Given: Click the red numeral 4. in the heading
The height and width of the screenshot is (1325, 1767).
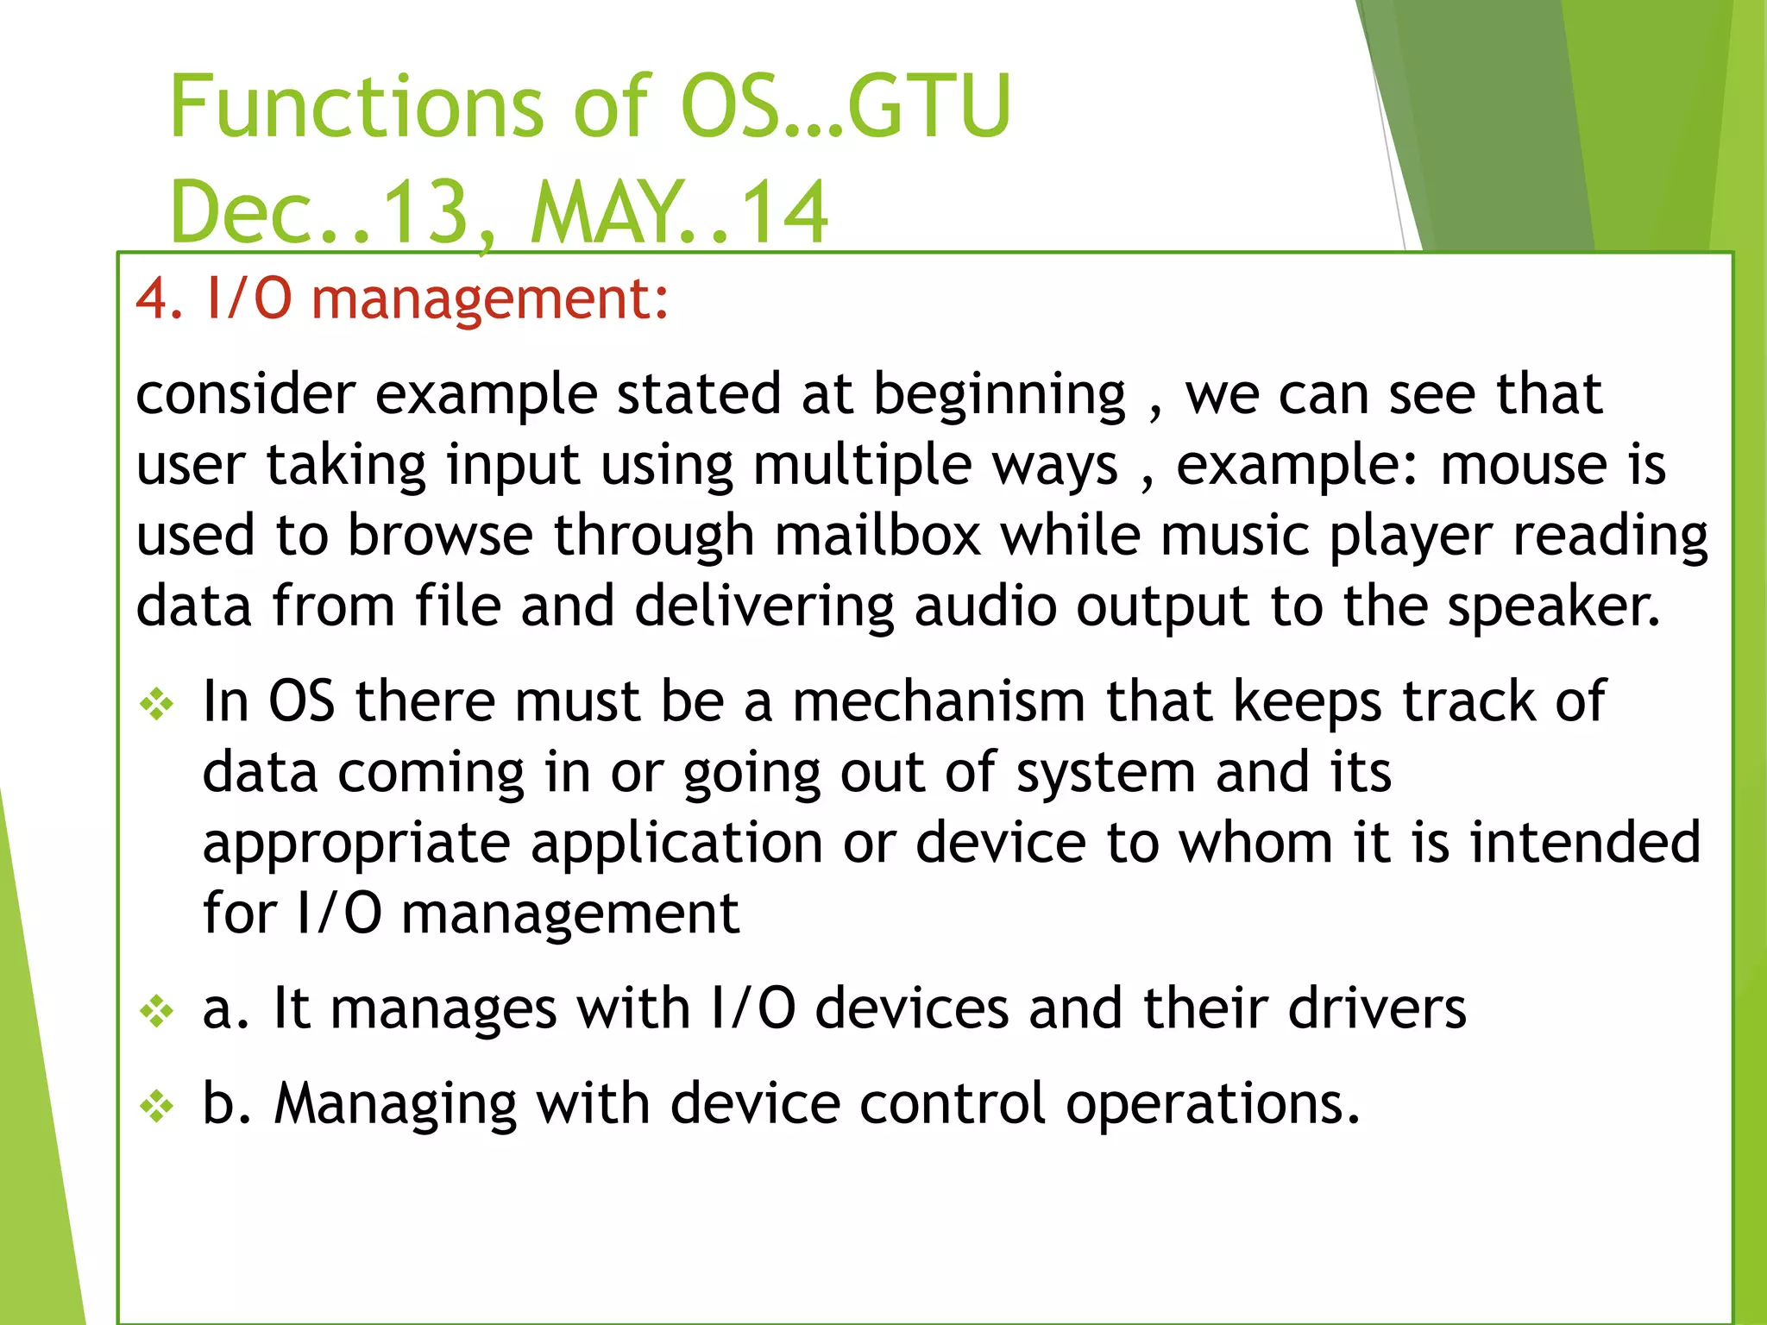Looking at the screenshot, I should click(x=159, y=299).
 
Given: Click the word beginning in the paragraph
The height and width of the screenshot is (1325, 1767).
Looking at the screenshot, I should click(x=999, y=396).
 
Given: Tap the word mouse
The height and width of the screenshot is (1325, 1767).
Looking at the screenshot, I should click(x=1524, y=465).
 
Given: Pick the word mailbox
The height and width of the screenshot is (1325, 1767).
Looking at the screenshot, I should click(x=877, y=536).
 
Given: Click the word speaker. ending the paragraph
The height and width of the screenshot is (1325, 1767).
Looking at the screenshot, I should click(x=1553, y=607).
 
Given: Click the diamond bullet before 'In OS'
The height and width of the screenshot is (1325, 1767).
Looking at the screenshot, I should click(x=157, y=705).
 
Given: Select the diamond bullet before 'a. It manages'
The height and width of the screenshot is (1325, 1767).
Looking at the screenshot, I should click(x=157, y=1012).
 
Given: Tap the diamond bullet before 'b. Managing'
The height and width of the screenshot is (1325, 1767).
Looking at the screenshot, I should click(x=157, y=1107).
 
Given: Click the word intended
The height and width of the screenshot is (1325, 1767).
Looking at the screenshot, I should click(x=1585, y=842).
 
